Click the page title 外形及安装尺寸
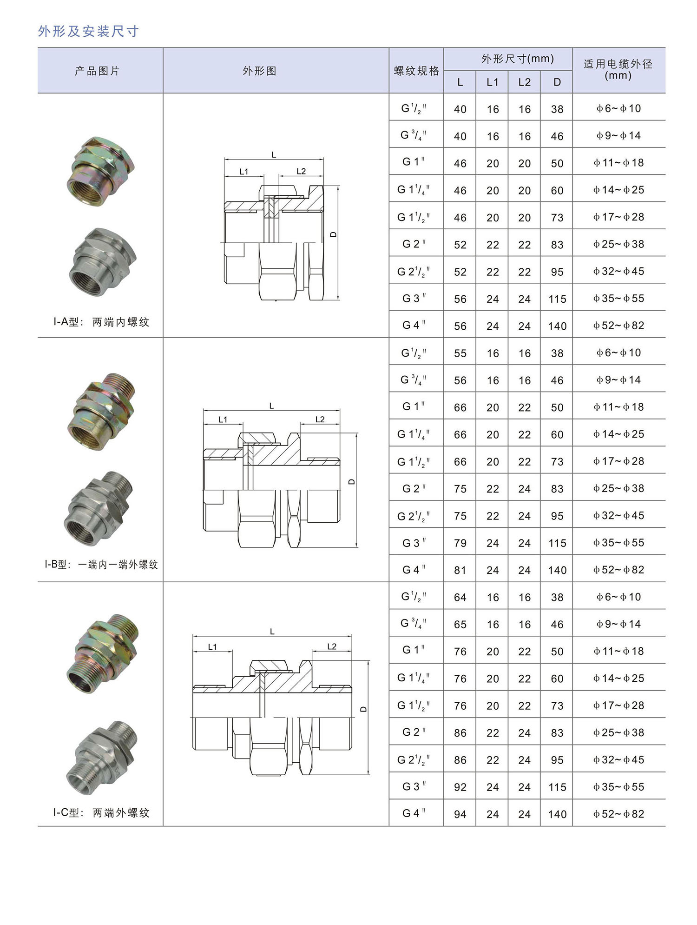[88, 31]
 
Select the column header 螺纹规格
[416, 71]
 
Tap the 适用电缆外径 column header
[618, 70]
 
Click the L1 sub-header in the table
[492, 82]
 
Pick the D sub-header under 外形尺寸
[557, 82]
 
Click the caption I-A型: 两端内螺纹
[101, 322]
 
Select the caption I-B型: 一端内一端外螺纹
[101, 565]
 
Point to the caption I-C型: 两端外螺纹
[101, 812]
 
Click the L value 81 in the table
[460, 570]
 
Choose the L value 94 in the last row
[460, 814]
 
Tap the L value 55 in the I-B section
[460, 353]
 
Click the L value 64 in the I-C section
[460, 598]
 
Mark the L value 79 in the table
[460, 543]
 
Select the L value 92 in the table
[460, 787]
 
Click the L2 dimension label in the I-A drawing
[301, 171]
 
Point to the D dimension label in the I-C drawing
[363, 709]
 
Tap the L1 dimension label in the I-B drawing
[223, 419]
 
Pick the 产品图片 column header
[97, 71]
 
